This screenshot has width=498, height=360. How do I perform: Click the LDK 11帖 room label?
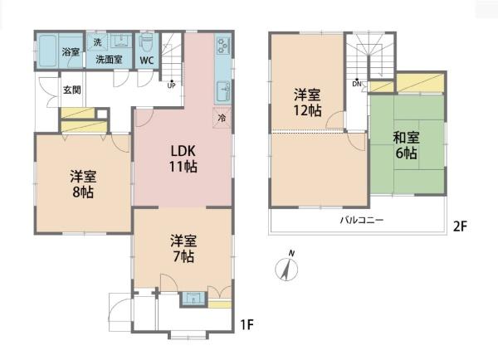[183, 158]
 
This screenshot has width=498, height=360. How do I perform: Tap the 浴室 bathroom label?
[71, 51]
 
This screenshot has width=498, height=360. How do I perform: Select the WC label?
[147, 60]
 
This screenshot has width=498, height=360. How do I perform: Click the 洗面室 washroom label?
[109, 59]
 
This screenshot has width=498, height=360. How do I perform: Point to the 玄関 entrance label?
[72, 90]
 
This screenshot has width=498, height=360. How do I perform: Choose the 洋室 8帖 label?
[83, 184]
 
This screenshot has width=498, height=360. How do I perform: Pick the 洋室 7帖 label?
[183, 249]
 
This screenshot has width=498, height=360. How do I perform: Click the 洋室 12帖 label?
[307, 103]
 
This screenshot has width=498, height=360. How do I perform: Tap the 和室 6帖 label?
[406, 145]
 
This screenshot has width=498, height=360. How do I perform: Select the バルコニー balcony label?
[362, 220]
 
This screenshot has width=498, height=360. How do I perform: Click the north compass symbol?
[286, 267]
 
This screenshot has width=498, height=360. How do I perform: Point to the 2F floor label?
[460, 226]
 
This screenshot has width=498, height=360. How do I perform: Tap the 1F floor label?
[247, 324]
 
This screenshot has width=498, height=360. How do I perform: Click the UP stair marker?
[172, 85]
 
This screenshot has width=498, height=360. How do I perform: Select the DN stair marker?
[357, 83]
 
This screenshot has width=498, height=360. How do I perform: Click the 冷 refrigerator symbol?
[222, 118]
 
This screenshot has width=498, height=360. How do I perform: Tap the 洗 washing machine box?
[97, 42]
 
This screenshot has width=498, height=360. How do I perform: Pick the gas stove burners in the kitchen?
[222, 46]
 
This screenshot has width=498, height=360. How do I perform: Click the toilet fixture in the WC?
[147, 44]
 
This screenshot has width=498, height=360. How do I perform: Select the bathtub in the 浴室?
[48, 50]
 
